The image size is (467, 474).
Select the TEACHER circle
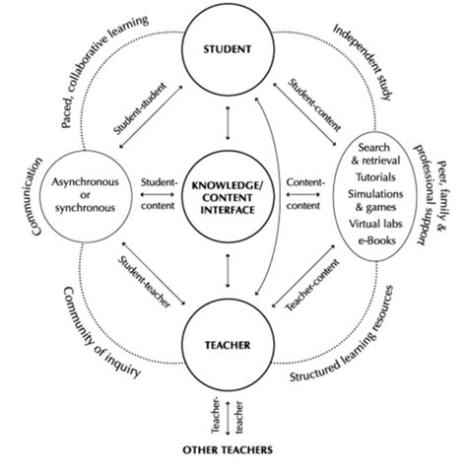[x=228, y=346]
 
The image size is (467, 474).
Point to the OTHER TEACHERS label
[x=229, y=449]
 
